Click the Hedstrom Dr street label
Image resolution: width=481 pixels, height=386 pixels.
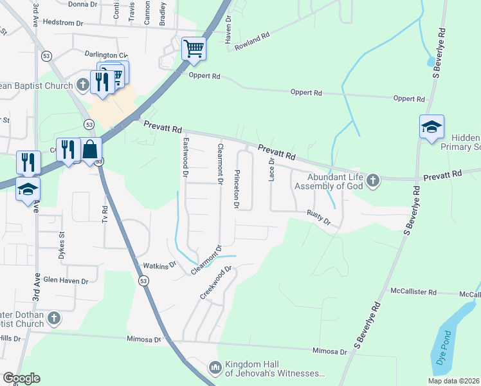pyautogui.click(x=62, y=22)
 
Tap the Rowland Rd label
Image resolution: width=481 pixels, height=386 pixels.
pyautogui.click(x=251, y=40)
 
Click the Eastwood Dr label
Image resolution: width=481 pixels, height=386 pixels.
pyautogui.click(x=185, y=157)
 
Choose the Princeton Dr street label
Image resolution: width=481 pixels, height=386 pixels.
pyautogui.click(x=237, y=189)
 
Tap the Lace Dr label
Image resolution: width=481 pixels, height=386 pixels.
pyautogui.click(x=271, y=170)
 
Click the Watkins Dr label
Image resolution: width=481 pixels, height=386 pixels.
pyautogui.click(x=159, y=264)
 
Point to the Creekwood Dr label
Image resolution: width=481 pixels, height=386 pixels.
pyautogui.click(x=215, y=282)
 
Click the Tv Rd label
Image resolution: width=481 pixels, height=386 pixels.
pyautogui.click(x=105, y=215)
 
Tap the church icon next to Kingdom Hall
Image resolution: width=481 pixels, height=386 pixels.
pyautogui.click(x=215, y=368)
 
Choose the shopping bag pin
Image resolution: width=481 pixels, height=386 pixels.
pyautogui.click(x=91, y=149)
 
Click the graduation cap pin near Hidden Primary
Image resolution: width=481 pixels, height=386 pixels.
pyautogui.click(x=431, y=127)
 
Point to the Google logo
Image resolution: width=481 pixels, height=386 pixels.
pyautogui.click(x=21, y=378)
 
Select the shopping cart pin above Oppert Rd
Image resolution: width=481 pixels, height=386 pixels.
pyautogui.click(x=194, y=48)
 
